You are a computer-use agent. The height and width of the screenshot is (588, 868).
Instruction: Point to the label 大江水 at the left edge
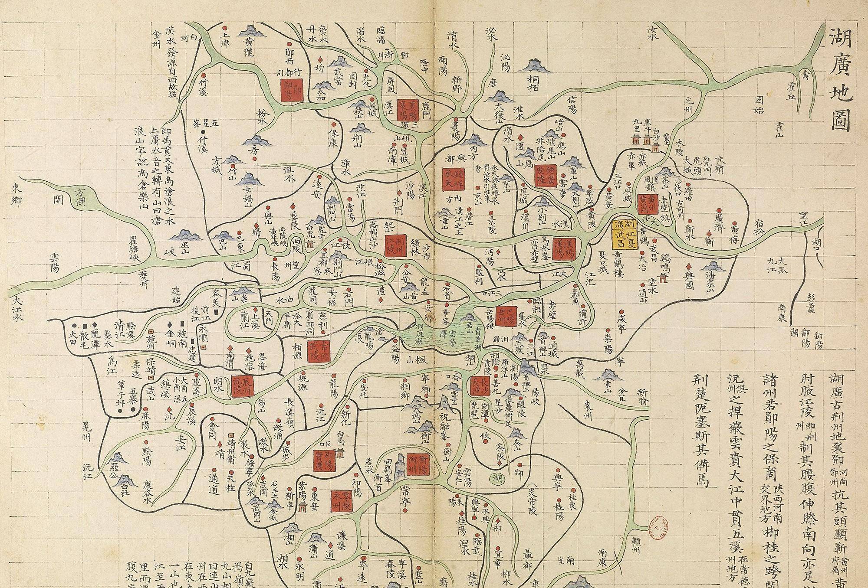[x=17, y=309]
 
